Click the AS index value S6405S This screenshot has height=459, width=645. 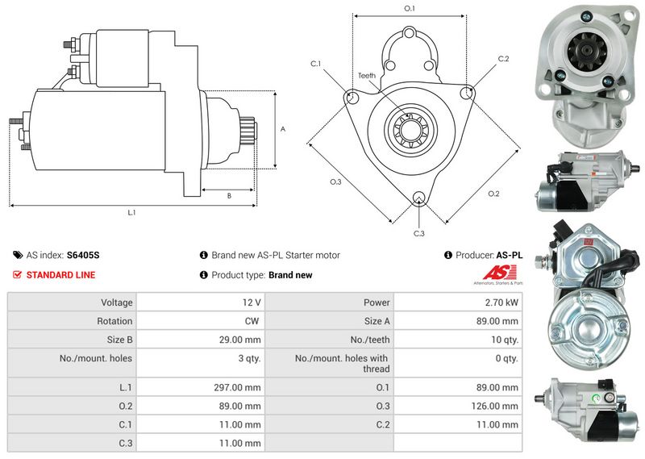(x=83, y=255)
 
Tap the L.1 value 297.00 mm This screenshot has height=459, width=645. (x=237, y=388)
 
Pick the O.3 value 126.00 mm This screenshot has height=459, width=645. (x=494, y=407)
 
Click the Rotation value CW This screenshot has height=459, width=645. (x=252, y=321)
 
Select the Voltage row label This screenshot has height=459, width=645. (x=117, y=303)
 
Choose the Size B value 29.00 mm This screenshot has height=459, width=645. (x=239, y=340)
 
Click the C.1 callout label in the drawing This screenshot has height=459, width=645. (x=315, y=64)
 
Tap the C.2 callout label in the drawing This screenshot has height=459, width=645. (x=503, y=59)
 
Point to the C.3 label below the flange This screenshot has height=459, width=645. (x=418, y=233)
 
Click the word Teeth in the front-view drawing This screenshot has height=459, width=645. (x=367, y=75)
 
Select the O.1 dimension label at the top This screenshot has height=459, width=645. (x=410, y=8)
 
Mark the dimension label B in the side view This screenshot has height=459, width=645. (x=229, y=196)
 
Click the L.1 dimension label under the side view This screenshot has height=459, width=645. (x=131, y=212)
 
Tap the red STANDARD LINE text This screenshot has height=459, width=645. (x=60, y=275)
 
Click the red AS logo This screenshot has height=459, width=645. (x=499, y=273)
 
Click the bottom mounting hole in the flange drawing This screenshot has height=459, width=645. (x=418, y=198)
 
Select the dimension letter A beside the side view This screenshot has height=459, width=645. (x=283, y=129)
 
